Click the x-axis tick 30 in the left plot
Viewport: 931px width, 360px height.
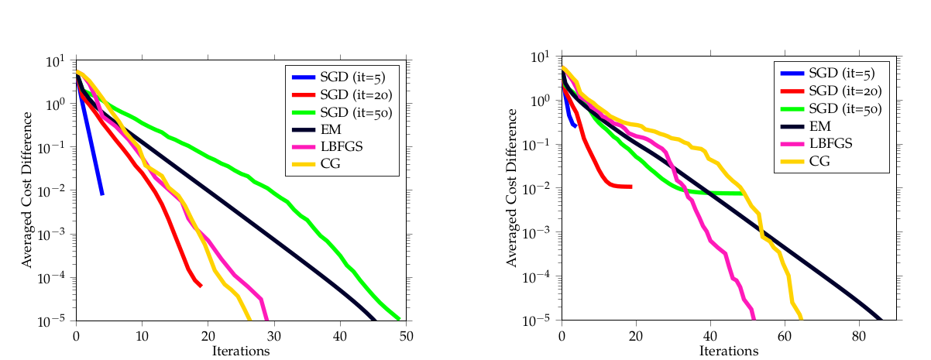pos(274,335)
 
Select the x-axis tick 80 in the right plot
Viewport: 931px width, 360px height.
pos(859,335)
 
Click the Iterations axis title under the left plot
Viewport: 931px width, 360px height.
pos(242,351)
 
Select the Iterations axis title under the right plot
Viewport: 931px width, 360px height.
pos(727,351)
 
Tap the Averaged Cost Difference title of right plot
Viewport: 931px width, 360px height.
pos(512,188)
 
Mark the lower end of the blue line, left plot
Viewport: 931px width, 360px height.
pos(102,194)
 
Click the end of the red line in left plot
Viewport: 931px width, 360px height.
pos(201,286)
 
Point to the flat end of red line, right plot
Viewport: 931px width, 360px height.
pos(631,187)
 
